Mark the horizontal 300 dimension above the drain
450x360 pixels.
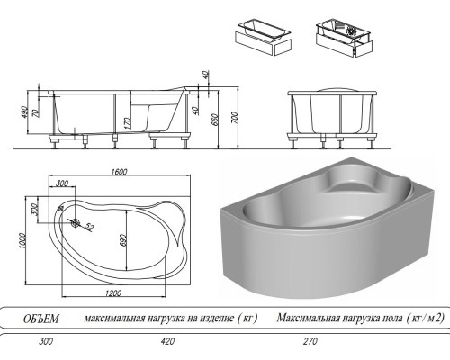coord(62,184)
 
